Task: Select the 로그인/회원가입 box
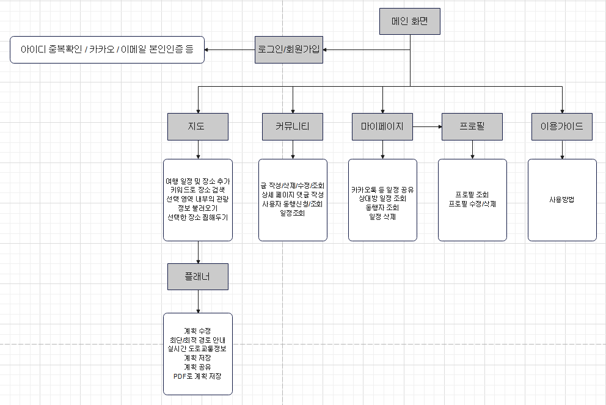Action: pos(288,49)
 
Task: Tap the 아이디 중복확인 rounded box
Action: pos(107,49)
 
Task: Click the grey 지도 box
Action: pos(197,127)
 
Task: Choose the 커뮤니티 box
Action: pos(292,127)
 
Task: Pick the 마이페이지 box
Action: pos(382,127)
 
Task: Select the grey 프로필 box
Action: pos(472,127)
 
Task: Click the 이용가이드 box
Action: pos(562,127)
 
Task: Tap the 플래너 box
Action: pos(197,276)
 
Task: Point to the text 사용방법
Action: pos(562,200)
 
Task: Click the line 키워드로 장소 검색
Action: pos(197,191)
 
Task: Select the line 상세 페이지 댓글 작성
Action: pos(292,194)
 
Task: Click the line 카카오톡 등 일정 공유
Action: pos(382,190)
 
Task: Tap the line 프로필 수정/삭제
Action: pos(472,204)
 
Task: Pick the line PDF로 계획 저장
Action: pos(197,376)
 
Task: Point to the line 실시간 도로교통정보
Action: pos(197,349)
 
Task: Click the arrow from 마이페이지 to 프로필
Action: pos(427,127)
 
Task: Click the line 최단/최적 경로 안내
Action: pos(197,340)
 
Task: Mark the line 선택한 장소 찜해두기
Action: pos(197,217)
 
